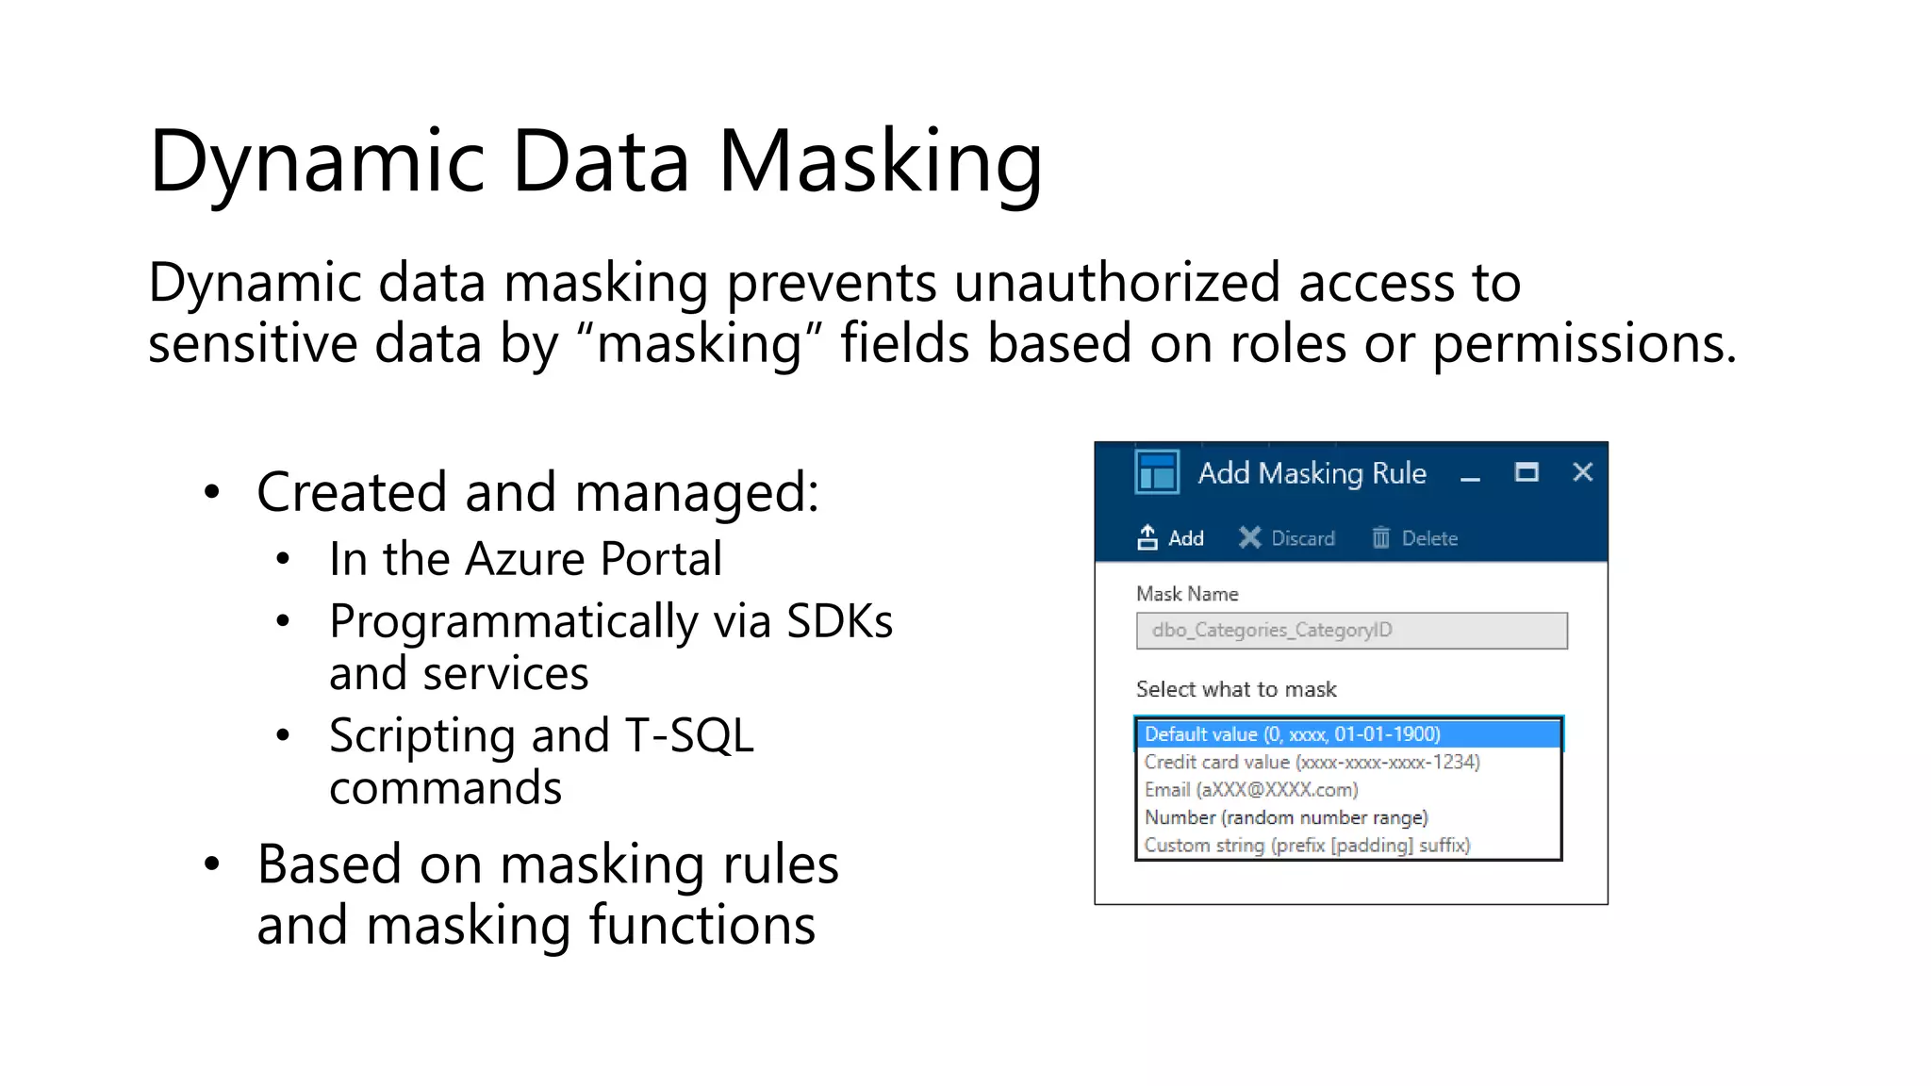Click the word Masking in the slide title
pyautogui.click(x=880, y=162)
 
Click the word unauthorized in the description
pyautogui.click(x=1116, y=283)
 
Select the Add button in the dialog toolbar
pyautogui.click(x=1171, y=538)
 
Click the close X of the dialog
pyautogui.click(x=1582, y=472)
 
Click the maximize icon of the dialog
pyautogui.click(x=1527, y=472)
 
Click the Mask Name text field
pyautogui.click(x=1351, y=631)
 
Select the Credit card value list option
pyautogui.click(x=1312, y=762)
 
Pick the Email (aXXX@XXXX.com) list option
pyautogui.click(x=1251, y=790)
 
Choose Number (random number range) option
pyautogui.click(x=1286, y=817)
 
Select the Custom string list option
pyautogui.click(x=1307, y=846)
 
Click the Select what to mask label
pyautogui.click(x=1236, y=689)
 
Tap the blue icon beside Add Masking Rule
pyautogui.click(x=1157, y=472)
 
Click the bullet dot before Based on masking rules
pyautogui.click(x=212, y=864)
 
